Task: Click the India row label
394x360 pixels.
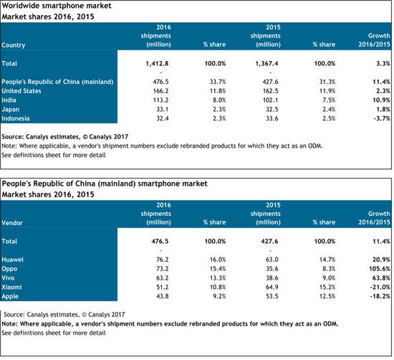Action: point(9,100)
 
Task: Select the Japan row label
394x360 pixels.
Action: point(10,110)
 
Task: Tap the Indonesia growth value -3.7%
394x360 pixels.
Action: point(382,118)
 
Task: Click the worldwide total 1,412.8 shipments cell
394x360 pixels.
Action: point(157,64)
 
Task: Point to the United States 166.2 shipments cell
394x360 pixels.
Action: point(160,91)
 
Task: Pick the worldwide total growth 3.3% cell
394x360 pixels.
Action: point(383,64)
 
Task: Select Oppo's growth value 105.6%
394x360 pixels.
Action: point(380,269)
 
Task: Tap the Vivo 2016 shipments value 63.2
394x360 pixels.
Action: point(163,278)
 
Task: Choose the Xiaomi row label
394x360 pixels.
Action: point(11,287)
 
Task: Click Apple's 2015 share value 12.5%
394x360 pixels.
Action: point(327,296)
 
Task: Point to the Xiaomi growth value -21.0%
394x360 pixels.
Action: point(380,287)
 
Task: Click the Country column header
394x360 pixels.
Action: point(14,45)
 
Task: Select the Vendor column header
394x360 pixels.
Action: point(12,223)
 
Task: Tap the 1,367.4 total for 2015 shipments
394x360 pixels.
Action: point(266,64)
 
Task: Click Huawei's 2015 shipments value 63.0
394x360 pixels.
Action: point(272,260)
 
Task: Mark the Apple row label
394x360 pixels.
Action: point(10,296)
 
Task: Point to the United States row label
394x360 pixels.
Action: point(21,91)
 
